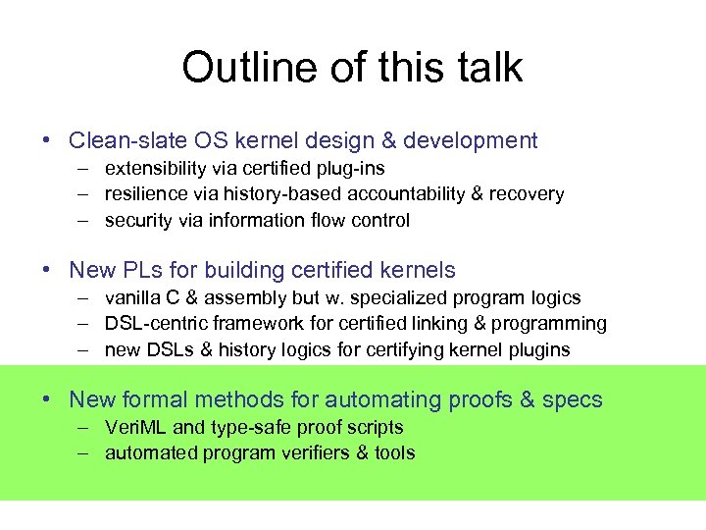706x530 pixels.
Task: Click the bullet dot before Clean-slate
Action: point(47,141)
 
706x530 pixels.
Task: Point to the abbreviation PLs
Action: point(140,270)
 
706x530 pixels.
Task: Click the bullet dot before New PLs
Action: point(47,270)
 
